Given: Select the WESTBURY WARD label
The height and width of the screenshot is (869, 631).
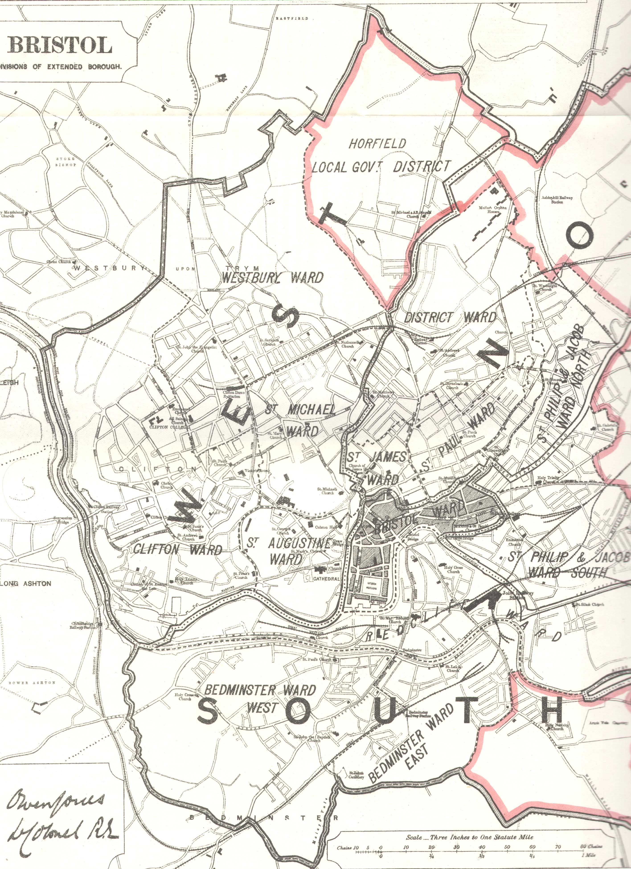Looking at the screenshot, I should (273, 277).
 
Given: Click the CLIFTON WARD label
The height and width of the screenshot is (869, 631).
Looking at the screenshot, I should (177, 550).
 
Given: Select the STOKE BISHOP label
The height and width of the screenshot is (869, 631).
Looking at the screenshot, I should (66, 162).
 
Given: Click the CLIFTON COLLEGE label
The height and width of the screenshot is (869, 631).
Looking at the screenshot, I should (164, 426).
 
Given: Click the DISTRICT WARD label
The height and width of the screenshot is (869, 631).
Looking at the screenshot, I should (450, 317).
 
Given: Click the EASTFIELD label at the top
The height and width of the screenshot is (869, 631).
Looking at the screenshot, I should (297, 18).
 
